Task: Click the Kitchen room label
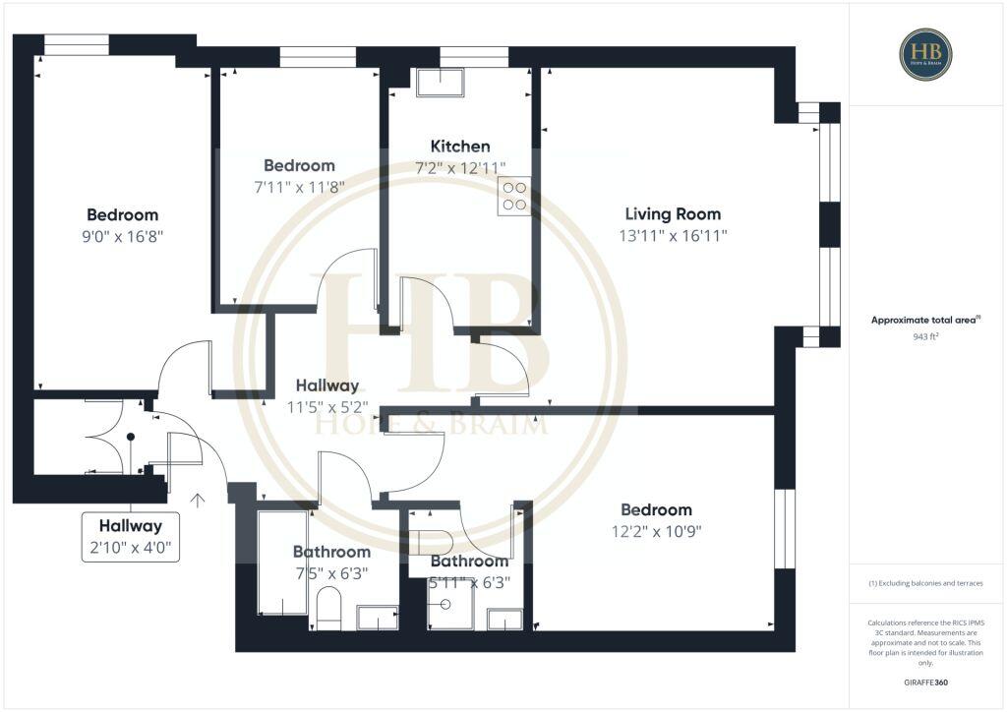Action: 460,147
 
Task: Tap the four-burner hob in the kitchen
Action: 514,196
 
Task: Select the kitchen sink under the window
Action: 441,83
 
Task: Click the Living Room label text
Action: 673,213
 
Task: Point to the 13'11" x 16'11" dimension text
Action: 673,236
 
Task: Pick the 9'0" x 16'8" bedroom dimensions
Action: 122,236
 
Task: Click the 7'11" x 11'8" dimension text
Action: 299,187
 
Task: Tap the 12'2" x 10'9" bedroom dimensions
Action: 656,531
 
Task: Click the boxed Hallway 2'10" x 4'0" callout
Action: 130,537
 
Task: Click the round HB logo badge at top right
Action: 924,54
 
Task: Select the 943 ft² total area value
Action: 925,336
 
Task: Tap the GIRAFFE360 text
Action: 925,682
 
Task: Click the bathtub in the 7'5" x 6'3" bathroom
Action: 282,562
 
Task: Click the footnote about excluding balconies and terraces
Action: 925,583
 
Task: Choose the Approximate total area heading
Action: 925,320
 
